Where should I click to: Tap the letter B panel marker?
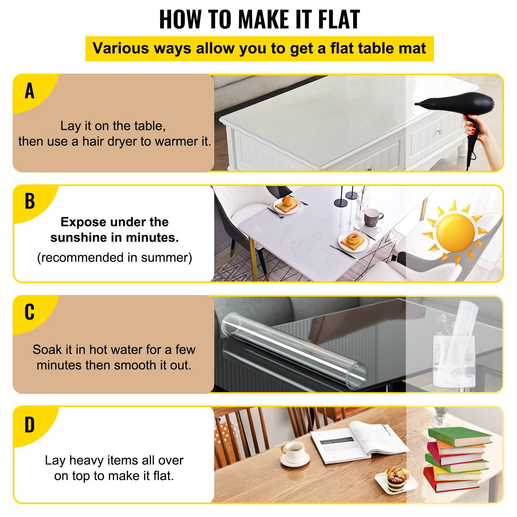pos(29,201)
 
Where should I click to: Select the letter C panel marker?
pos(29,312)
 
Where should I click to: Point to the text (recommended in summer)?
pos(115,258)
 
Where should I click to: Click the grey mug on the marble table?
pos(372,217)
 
